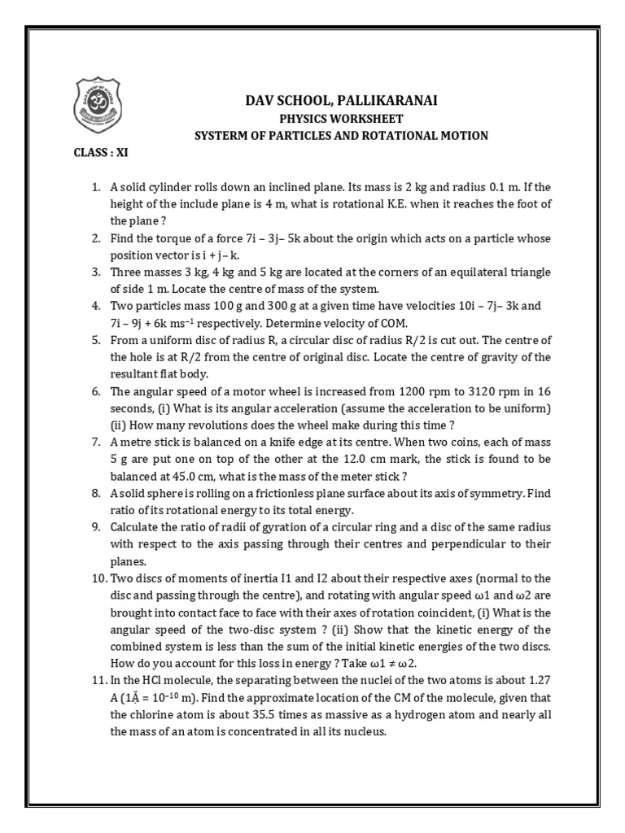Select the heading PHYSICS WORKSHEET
coord(341,119)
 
